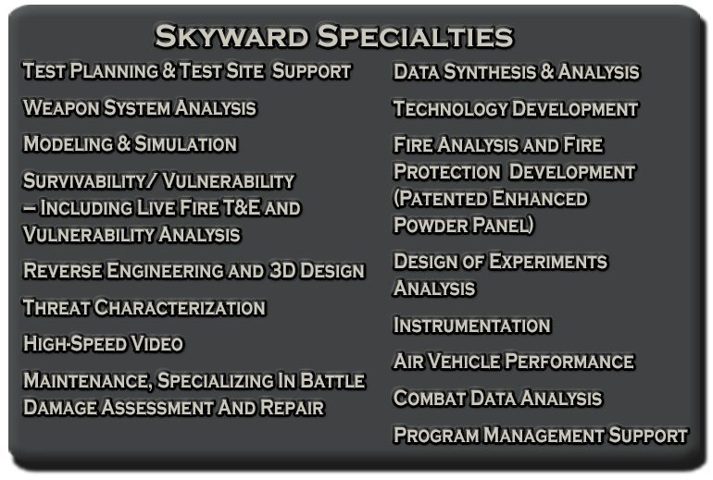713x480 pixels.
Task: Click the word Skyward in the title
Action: pos(231,37)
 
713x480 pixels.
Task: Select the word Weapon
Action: pos(56,108)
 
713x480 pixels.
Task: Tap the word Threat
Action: pos(56,307)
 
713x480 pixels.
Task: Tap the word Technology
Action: pos(450,109)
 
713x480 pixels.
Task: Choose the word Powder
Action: pos(427,225)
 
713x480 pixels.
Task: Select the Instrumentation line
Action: pos(471,326)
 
